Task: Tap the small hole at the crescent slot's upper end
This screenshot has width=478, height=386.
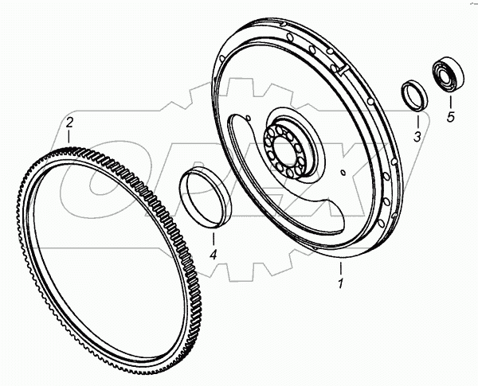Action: click(249, 120)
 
